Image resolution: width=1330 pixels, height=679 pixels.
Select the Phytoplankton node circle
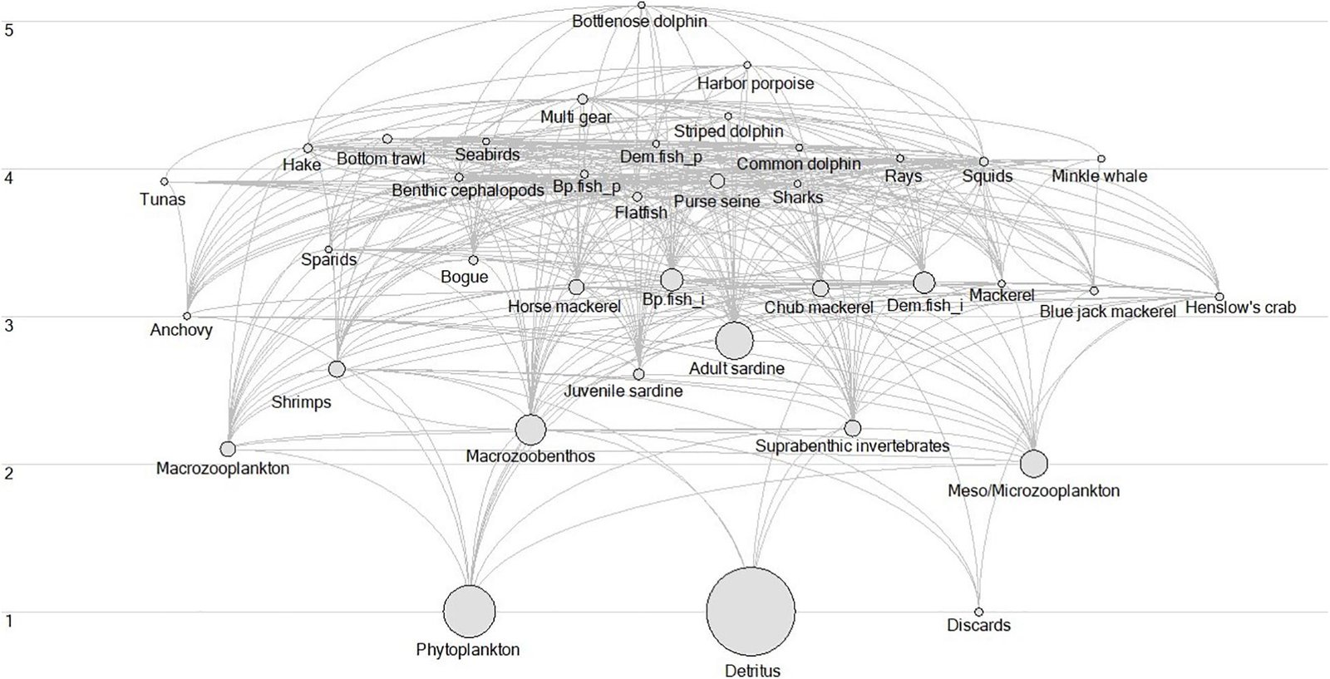pyautogui.click(x=469, y=611)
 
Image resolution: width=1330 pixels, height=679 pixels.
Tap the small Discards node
pyautogui.click(x=978, y=611)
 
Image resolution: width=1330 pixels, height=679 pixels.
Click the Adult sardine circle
pyautogui.click(x=734, y=340)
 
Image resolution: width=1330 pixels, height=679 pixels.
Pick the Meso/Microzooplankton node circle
pyautogui.click(x=1033, y=463)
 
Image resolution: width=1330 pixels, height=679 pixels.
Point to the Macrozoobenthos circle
pyautogui.click(x=530, y=430)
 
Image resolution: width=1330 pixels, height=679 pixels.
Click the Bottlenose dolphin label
pyautogui.click(x=639, y=22)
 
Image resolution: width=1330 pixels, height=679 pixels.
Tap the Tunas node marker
pyautogui.click(x=165, y=181)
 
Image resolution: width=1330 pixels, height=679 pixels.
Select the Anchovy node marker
pyautogui.click(x=187, y=316)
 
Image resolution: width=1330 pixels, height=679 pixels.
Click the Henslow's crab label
pyautogui.click(x=1239, y=308)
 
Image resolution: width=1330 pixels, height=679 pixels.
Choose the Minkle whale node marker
pyautogui.click(x=1101, y=158)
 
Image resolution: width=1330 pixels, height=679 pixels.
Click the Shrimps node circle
pyautogui.click(x=337, y=369)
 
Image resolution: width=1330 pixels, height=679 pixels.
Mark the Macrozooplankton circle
pyautogui.click(x=228, y=449)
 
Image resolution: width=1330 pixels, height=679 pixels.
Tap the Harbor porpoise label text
pyautogui.click(x=755, y=83)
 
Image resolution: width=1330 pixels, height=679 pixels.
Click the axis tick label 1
pyautogui.click(x=9, y=620)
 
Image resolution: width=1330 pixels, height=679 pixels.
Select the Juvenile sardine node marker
pyautogui.click(x=638, y=374)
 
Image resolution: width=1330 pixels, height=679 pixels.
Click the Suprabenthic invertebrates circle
pyautogui.click(x=852, y=428)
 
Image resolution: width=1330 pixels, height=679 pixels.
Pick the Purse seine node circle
pyautogui.click(x=717, y=181)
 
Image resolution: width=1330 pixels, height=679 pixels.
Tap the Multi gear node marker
pyautogui.click(x=583, y=99)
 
